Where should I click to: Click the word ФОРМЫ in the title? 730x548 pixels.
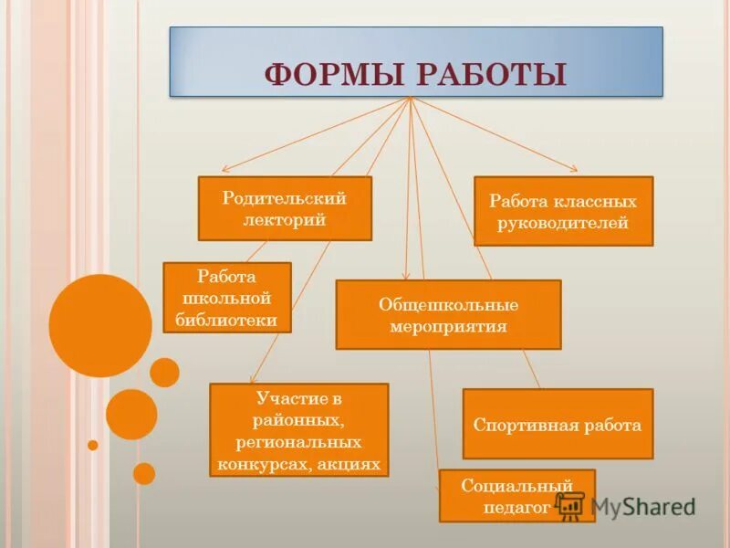click(x=332, y=74)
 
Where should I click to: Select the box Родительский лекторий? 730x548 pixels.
click(x=285, y=209)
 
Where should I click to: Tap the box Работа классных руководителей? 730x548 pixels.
click(x=563, y=212)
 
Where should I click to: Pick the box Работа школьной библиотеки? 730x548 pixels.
click(x=226, y=298)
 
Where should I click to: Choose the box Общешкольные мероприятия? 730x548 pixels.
click(x=448, y=314)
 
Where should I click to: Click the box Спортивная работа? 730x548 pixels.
click(x=558, y=424)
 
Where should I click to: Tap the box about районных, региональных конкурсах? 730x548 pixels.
click(x=298, y=429)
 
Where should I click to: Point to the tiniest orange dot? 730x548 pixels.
click(x=92, y=445)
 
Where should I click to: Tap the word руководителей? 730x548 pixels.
click(x=563, y=223)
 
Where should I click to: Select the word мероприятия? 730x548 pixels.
click(x=448, y=325)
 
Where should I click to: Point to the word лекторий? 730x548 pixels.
click(x=285, y=219)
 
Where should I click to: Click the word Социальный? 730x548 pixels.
click(x=516, y=485)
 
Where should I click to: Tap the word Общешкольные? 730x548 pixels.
click(x=448, y=304)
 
